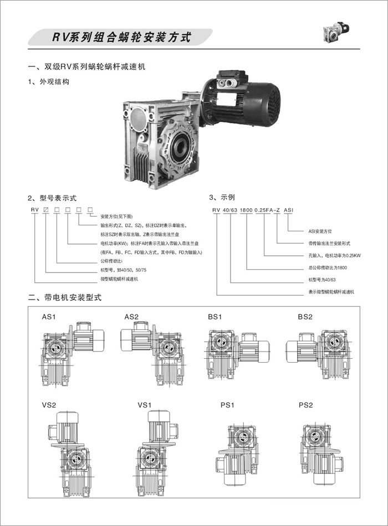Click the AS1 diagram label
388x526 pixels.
pos(50,317)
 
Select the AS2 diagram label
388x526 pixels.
pos(131,317)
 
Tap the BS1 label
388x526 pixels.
pos(215,317)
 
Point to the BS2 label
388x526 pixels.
pos(305,317)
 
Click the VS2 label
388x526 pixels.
pos(49,405)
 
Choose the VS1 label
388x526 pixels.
pos(145,405)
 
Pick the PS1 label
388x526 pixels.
pos(228,405)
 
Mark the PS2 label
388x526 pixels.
pos(306,405)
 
